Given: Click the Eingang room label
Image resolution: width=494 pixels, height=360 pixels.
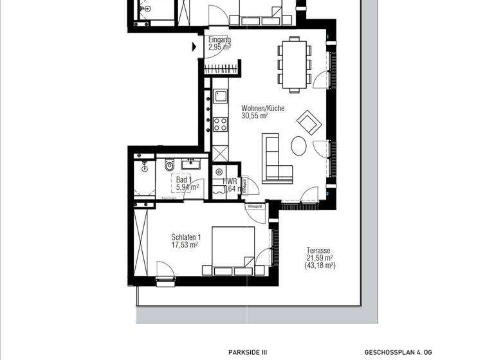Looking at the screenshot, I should (x=219, y=39).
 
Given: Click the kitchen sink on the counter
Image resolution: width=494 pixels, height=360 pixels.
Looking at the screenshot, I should (x=221, y=97).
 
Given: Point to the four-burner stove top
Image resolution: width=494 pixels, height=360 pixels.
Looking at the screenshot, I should (x=220, y=123).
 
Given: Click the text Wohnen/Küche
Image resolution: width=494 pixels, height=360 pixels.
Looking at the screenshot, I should (x=262, y=109).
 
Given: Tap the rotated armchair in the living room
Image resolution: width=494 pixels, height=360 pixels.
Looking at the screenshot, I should (x=308, y=122).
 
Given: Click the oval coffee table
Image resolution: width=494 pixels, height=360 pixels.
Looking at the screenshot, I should (x=299, y=146).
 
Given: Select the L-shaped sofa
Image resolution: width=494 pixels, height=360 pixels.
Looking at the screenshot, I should (x=275, y=161).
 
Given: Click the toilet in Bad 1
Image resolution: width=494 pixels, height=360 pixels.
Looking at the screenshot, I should (x=170, y=166).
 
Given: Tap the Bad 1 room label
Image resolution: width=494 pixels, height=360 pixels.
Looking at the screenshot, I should (x=184, y=179).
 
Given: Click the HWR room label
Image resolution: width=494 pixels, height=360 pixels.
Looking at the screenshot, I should (x=230, y=182).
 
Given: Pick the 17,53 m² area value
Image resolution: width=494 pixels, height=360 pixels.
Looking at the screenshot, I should (x=185, y=245).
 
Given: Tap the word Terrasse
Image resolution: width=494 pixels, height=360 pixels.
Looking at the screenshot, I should (x=318, y=251).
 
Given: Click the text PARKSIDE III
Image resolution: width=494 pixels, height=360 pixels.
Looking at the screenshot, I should (x=247, y=352).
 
